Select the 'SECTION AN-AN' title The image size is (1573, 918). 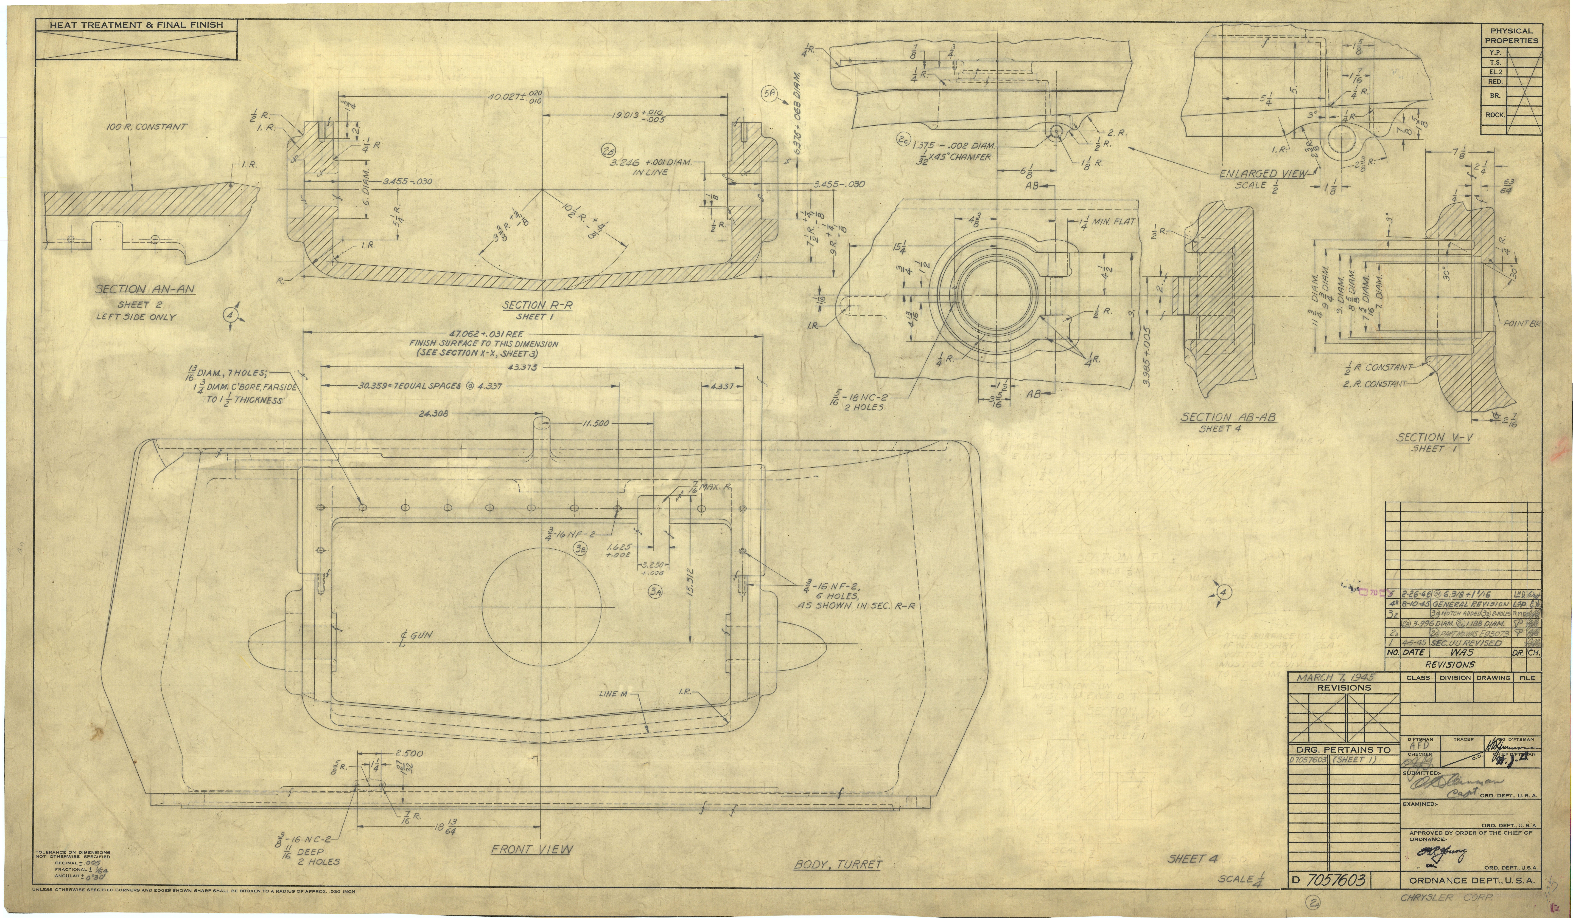point(145,289)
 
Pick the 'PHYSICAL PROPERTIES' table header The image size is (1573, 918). point(1511,36)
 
